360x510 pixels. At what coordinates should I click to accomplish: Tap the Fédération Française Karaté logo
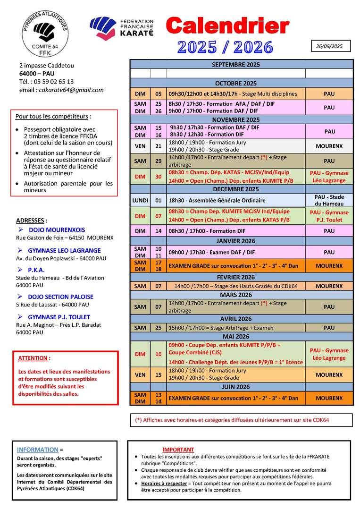[122, 28]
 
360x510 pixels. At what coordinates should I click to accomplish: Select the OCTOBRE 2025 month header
[241, 83]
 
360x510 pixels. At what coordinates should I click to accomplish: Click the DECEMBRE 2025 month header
[241, 189]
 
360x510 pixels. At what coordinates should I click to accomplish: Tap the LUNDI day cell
[140, 200]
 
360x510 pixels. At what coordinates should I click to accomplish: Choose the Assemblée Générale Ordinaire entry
[217, 200]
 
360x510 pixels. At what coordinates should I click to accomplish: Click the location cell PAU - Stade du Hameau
[329, 200]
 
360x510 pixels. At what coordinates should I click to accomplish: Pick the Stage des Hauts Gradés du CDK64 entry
[236, 286]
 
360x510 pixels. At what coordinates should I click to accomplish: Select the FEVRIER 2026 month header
[241, 277]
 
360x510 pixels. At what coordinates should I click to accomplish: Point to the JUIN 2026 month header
[241, 387]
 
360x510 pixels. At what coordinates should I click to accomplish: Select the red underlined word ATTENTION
[34, 358]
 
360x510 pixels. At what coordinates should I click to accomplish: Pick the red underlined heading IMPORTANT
[178, 450]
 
